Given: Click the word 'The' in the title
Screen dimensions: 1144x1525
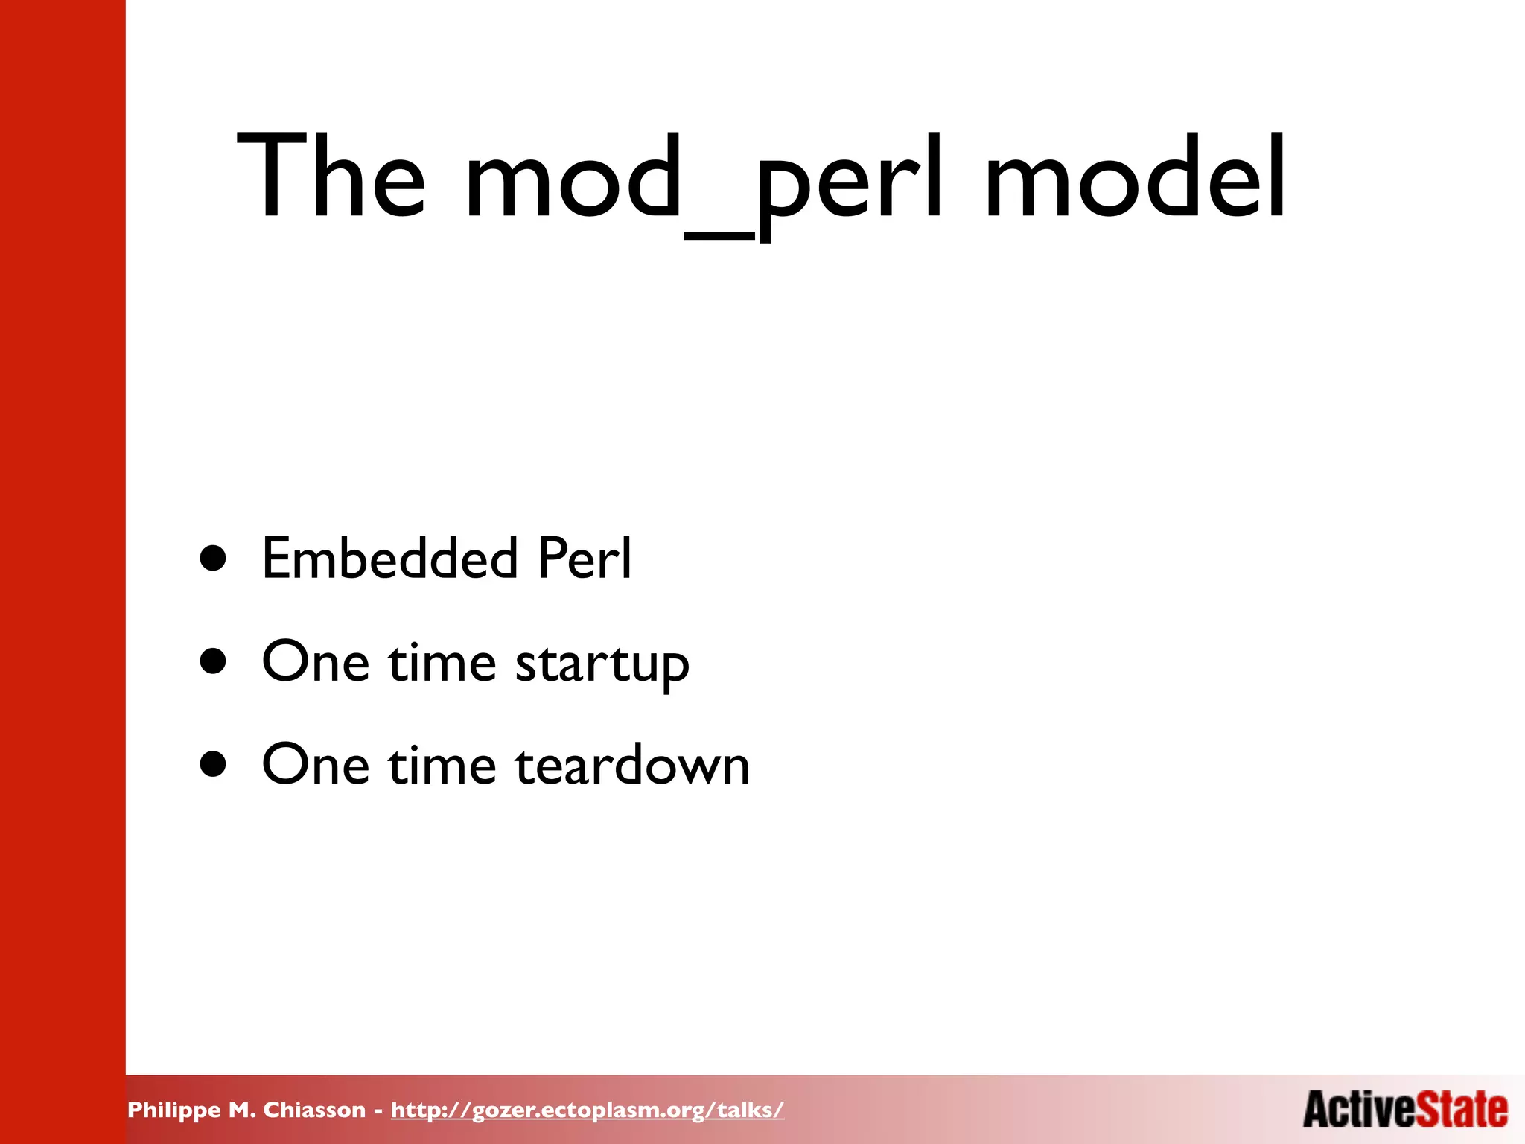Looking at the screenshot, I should coord(331,177).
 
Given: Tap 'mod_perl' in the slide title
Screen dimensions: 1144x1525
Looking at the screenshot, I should coord(704,179).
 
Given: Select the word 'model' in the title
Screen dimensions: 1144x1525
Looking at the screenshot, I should coord(1135,177).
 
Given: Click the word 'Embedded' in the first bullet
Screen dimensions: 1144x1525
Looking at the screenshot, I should coord(389,558).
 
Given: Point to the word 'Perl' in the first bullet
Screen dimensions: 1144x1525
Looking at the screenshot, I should coord(585,558).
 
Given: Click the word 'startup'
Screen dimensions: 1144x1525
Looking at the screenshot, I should coord(602,663).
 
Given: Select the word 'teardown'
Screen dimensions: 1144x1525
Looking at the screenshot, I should coord(632,765).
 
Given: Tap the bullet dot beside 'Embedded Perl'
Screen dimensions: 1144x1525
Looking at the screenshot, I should coord(213,559).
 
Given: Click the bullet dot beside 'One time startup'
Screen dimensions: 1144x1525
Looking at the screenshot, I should coord(213,661).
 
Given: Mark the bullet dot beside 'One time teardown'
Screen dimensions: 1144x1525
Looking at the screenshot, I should coord(213,764).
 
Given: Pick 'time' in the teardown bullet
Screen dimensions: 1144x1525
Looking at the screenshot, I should coord(442,765).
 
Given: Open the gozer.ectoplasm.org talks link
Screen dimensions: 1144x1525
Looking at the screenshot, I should coord(587,1110).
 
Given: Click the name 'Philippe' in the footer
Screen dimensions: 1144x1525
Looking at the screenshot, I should coord(174,1110).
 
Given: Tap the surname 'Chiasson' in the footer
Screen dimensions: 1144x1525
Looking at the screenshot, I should coord(314,1110).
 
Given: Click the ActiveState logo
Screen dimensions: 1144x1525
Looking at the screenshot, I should coord(1405,1109).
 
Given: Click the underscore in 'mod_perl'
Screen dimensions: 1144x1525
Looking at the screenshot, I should coord(719,235).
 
